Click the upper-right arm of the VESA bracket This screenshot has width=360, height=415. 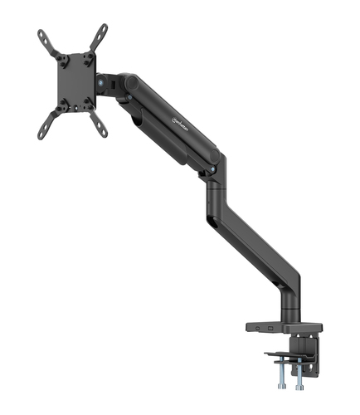coord(99,35)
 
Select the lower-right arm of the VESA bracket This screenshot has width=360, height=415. coord(100,125)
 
